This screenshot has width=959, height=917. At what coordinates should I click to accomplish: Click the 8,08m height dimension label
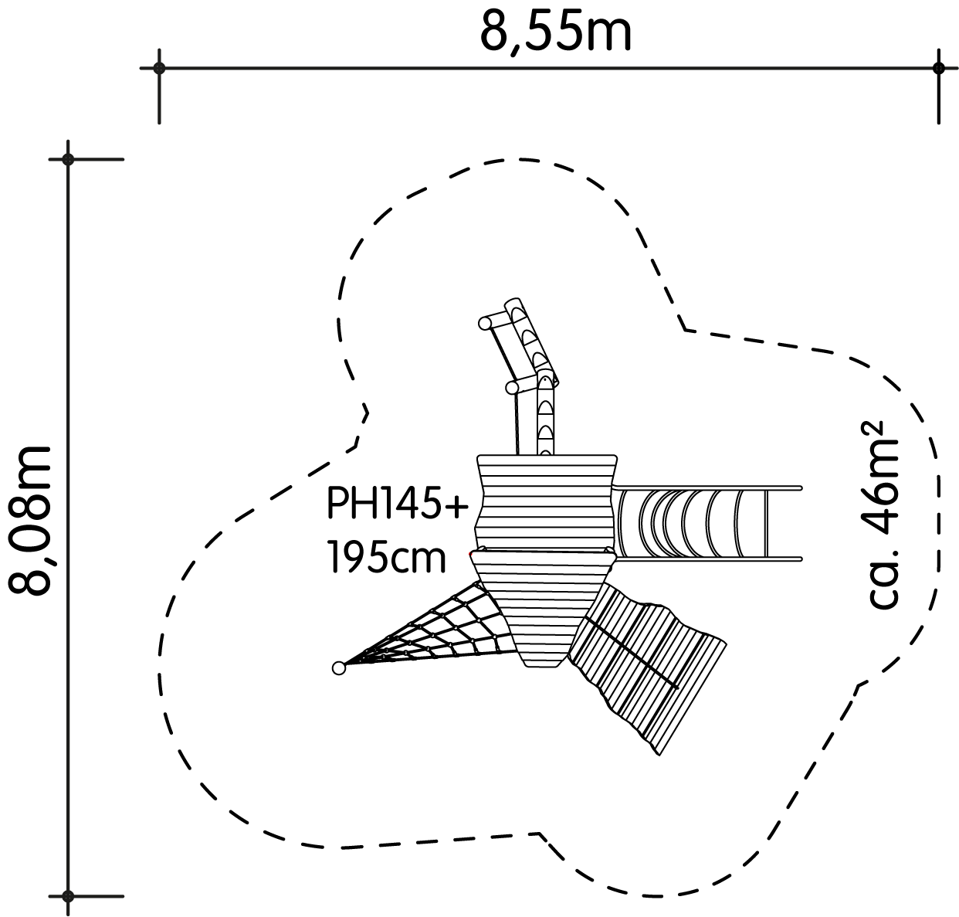pyautogui.click(x=29, y=520)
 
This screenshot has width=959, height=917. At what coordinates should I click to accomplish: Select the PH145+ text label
pyautogui.click(x=397, y=503)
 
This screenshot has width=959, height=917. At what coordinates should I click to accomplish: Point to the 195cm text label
pyautogui.click(x=386, y=556)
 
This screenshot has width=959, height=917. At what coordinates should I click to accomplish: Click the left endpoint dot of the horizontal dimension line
pyautogui.click(x=159, y=68)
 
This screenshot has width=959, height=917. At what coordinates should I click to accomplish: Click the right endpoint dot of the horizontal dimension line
pyautogui.click(x=938, y=68)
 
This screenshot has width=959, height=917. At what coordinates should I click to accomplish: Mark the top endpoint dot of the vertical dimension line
pyautogui.click(x=68, y=159)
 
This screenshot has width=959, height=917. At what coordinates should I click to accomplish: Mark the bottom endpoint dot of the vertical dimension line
pyautogui.click(x=68, y=896)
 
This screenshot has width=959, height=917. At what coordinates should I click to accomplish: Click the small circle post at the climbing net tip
pyautogui.click(x=338, y=668)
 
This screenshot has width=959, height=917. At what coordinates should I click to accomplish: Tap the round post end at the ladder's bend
pyautogui.click(x=513, y=388)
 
